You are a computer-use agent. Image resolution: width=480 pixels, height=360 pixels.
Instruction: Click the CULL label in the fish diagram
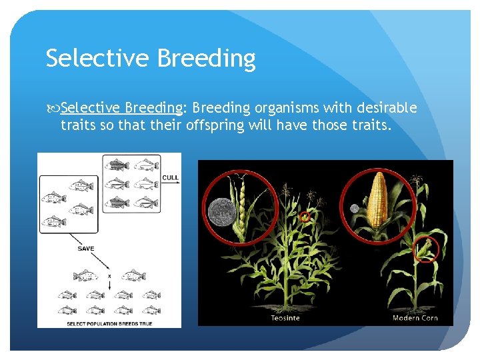click(x=170, y=177)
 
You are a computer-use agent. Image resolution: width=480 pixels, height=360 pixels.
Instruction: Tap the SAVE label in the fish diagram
click(x=85, y=249)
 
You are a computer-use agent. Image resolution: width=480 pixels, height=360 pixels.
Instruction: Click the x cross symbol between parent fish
click(x=109, y=275)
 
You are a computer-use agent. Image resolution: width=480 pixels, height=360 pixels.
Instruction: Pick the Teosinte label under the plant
click(x=285, y=318)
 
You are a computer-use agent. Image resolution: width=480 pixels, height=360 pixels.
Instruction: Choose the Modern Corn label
click(x=415, y=318)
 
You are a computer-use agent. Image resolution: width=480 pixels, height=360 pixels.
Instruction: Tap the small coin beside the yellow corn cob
click(x=355, y=209)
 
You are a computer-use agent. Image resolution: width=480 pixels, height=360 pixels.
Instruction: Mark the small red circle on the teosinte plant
click(x=305, y=217)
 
